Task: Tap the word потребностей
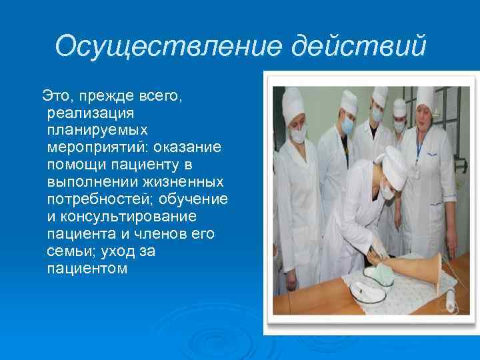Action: pyautogui.click(x=99, y=199)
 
